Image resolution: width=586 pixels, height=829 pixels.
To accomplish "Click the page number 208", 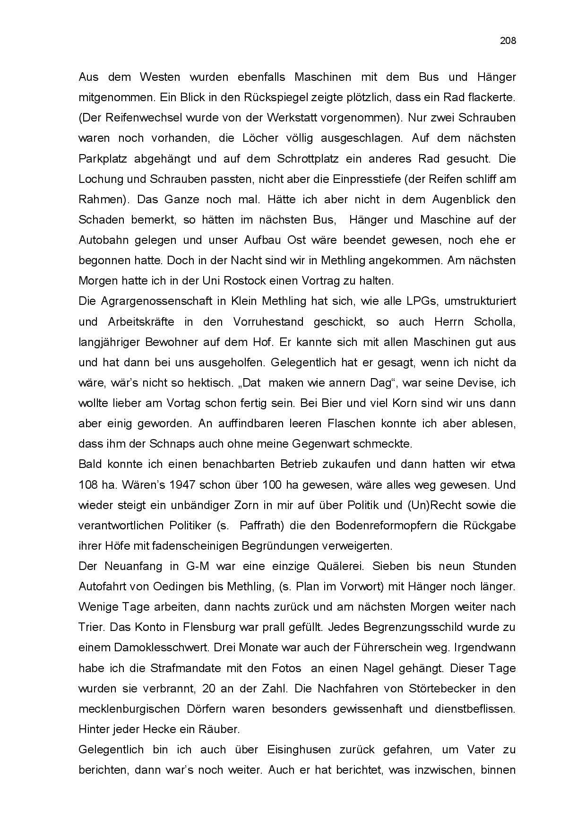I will coord(508,41).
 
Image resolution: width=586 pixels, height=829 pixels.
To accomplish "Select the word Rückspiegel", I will coord(272,97).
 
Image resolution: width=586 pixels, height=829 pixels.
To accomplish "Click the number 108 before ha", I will coord(87,485).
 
